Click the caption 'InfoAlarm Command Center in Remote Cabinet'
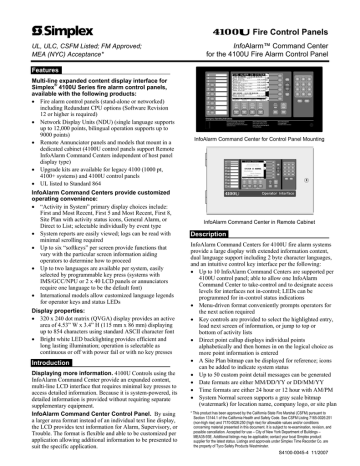tap(259, 221)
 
